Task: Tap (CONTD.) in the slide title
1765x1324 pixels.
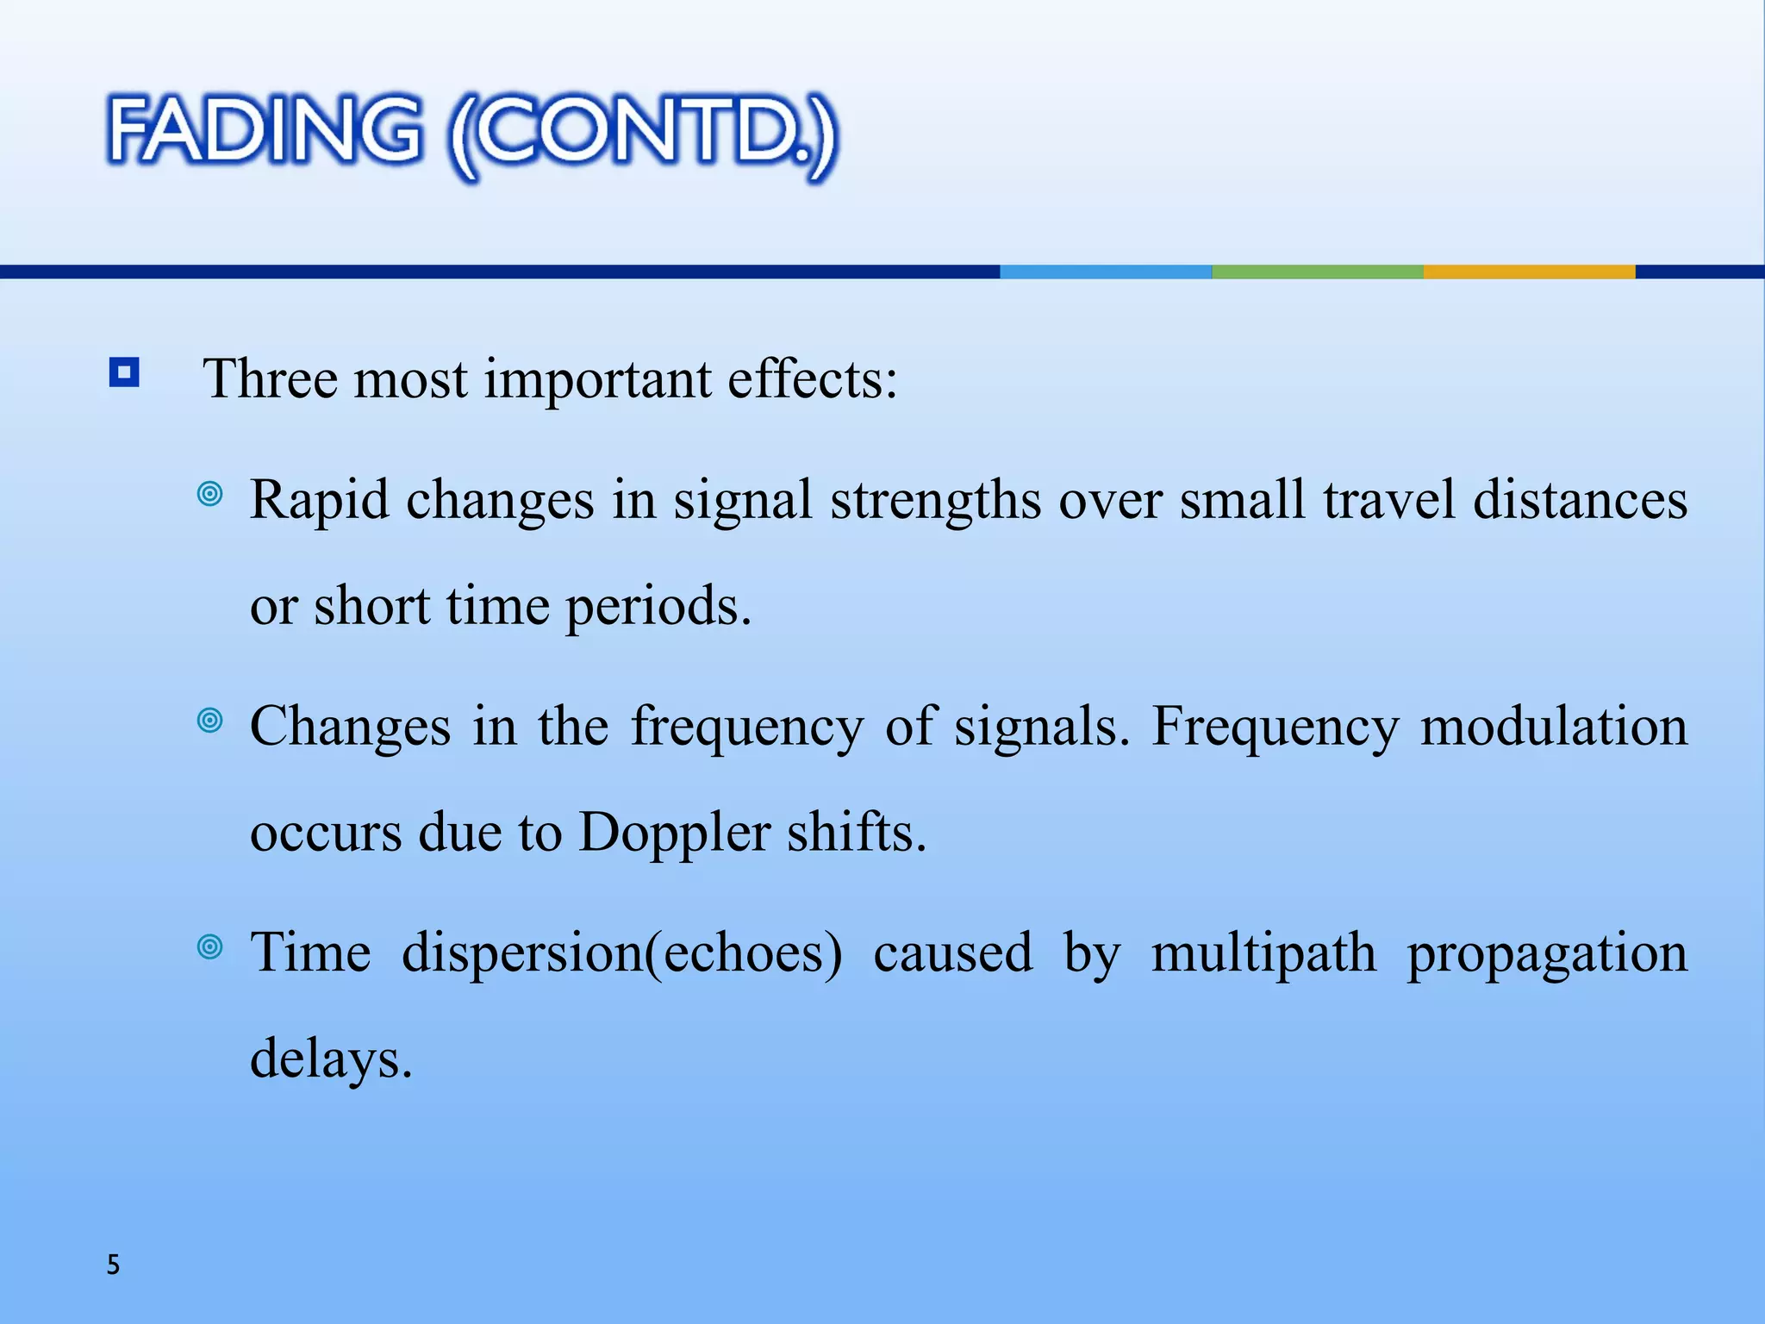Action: point(642,136)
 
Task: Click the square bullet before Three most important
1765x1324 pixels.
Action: point(124,373)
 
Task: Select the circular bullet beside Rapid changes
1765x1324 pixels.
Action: point(209,494)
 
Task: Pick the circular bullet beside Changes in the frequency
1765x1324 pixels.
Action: point(209,720)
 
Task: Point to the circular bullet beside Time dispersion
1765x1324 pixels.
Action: point(209,947)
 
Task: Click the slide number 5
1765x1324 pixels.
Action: point(113,1265)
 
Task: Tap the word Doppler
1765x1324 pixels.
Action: point(674,834)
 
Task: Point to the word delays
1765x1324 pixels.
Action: point(331,1060)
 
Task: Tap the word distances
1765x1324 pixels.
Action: point(1580,500)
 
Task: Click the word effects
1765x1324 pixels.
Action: point(812,379)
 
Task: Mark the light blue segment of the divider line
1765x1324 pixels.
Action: point(1106,272)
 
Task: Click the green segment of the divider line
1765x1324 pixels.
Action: point(1317,272)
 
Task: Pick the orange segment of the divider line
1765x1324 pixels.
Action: point(1529,272)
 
